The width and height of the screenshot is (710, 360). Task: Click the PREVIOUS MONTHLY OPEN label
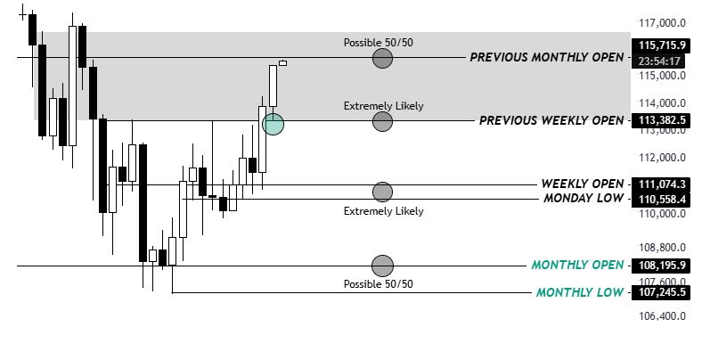546,58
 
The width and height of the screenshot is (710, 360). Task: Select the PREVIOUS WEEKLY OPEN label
551,120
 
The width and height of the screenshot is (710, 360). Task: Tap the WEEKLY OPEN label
583,184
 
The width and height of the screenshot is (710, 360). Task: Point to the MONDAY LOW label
584,199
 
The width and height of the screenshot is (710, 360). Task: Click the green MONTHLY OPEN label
577,266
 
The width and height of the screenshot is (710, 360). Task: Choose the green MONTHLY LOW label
580,292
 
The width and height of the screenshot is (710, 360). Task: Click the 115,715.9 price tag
661,45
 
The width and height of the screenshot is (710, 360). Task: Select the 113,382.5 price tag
661,120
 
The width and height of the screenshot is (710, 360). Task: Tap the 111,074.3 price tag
661,184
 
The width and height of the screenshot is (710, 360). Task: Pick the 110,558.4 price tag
661,200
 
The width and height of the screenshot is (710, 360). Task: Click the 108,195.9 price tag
661,266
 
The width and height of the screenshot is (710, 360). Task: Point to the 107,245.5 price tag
661,292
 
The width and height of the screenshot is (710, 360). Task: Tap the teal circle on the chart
274,124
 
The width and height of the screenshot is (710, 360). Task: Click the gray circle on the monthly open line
382,265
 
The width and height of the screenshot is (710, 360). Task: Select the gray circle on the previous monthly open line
382,58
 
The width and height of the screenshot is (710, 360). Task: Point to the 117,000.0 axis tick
662,23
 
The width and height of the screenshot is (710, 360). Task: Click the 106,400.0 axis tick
662,315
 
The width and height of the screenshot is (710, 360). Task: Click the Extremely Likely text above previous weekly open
383,106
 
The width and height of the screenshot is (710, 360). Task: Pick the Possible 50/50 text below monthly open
379,283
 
